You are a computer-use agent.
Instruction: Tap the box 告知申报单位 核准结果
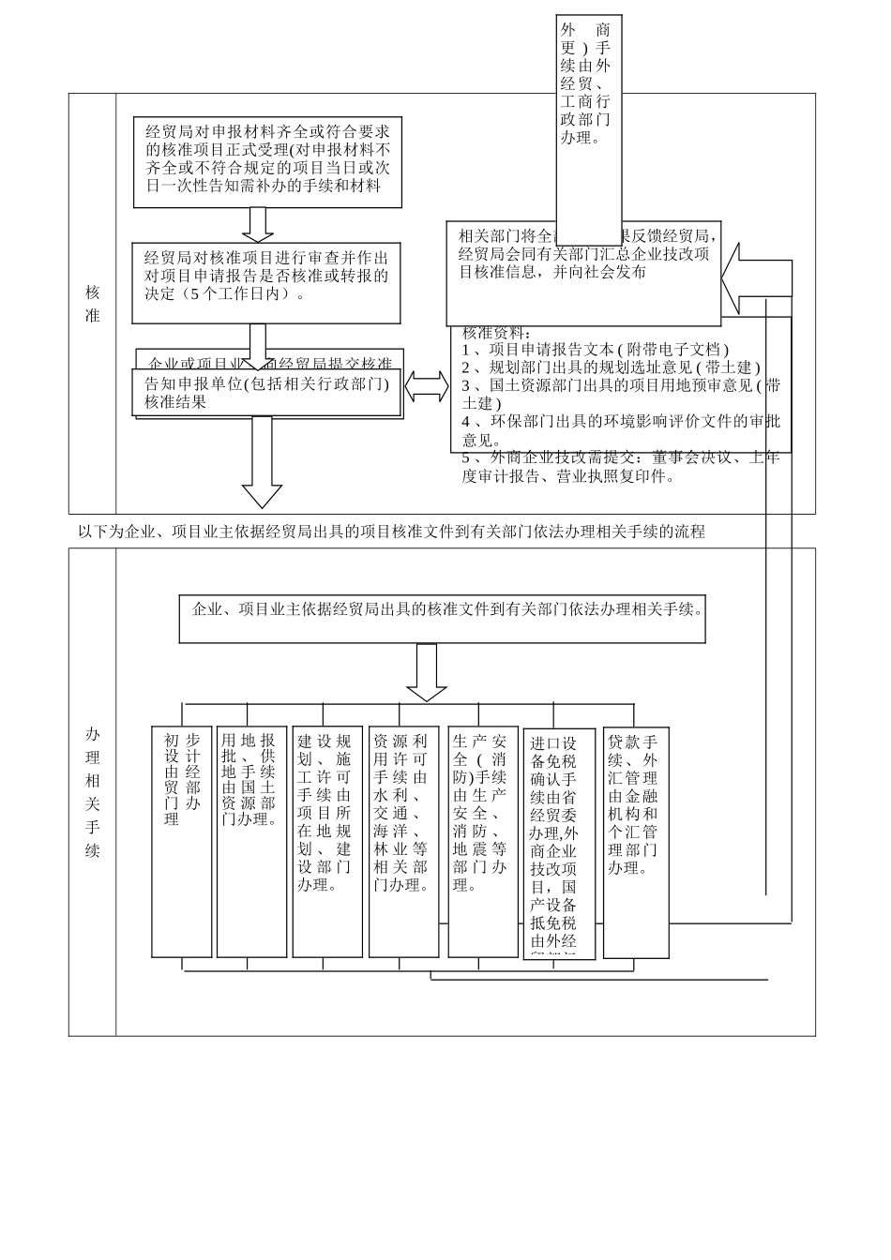coord(266,393)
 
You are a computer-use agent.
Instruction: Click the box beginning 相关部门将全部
coord(583,274)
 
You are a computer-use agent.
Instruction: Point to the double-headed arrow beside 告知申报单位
coord(427,386)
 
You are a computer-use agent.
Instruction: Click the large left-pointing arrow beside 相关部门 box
coord(758,277)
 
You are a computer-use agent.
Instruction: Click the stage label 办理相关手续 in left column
coord(92,791)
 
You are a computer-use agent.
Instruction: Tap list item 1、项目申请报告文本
coord(595,349)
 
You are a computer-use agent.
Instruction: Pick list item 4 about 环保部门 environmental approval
coord(619,430)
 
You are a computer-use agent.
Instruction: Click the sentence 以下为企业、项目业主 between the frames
coord(390,532)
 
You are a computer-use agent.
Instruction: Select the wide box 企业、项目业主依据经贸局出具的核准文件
coord(442,618)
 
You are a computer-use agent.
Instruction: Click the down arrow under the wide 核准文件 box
coord(427,672)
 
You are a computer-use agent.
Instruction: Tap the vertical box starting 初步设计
coord(182,840)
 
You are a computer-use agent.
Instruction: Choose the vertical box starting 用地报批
coord(251,840)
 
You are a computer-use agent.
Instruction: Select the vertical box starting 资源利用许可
coord(403,840)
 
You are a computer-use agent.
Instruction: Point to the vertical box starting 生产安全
coord(482,840)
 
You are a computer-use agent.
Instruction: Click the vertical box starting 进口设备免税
coord(558,844)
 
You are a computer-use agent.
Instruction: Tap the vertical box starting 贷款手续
coord(636,840)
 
